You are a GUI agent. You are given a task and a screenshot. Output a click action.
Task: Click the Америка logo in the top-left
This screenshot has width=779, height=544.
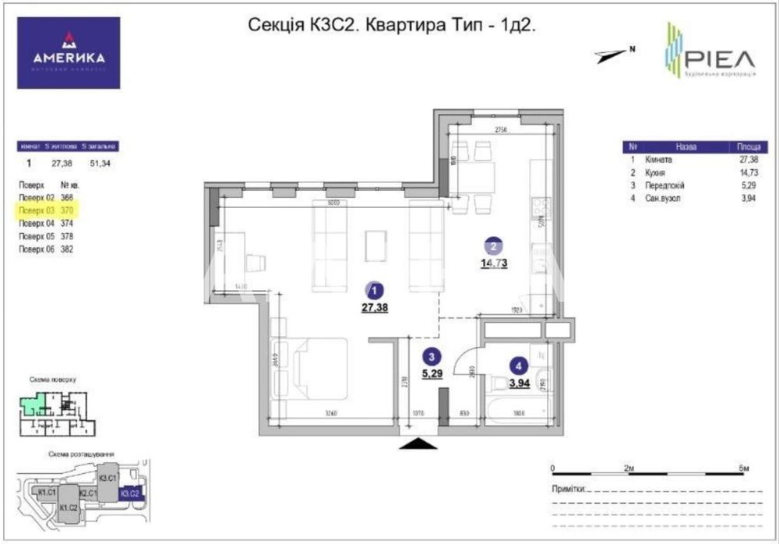(x=69, y=54)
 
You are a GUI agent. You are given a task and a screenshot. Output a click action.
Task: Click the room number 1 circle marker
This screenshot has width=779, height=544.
(x=375, y=291)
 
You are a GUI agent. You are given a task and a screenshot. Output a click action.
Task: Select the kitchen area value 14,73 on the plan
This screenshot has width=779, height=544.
(x=494, y=263)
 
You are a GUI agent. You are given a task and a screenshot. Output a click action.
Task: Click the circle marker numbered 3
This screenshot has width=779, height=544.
(x=429, y=356)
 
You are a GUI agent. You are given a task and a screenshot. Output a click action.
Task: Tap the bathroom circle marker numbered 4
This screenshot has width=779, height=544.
(x=517, y=365)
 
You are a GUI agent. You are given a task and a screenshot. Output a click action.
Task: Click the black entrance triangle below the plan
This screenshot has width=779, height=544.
(x=419, y=443)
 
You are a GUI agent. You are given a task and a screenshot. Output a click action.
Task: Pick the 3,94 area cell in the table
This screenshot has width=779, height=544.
(x=748, y=197)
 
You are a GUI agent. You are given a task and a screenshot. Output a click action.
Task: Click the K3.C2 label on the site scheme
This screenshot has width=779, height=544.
(x=129, y=493)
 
